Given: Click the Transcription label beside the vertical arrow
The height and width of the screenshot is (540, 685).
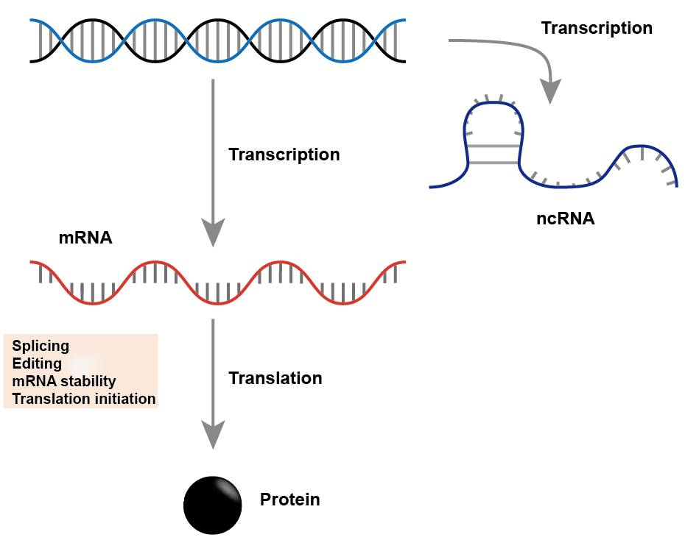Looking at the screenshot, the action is click(x=284, y=154).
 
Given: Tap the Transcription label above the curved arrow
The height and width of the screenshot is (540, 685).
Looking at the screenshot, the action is click(x=597, y=29).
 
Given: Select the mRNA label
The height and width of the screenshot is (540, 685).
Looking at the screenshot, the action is click(x=85, y=238).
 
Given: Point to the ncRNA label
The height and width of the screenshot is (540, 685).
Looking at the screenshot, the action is click(x=565, y=218).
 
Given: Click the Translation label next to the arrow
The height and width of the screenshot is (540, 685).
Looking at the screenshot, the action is click(x=275, y=378).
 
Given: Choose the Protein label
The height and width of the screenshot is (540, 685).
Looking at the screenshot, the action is click(x=289, y=500).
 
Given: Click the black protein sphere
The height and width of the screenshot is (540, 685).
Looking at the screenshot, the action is click(x=213, y=505).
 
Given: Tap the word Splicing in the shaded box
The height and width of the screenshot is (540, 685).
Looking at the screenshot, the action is click(x=41, y=347).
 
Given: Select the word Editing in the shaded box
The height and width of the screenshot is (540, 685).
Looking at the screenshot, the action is click(x=37, y=363).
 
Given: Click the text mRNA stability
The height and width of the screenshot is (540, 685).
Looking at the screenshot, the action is click(x=64, y=381).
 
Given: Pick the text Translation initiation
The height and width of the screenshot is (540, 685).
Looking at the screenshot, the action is click(x=84, y=399).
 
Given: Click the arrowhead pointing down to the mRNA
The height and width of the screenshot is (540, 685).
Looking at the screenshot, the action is click(x=213, y=232).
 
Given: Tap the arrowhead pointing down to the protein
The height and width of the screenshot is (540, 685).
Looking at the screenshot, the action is click(x=213, y=435).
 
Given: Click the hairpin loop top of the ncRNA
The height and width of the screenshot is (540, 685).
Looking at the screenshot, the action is click(x=492, y=103).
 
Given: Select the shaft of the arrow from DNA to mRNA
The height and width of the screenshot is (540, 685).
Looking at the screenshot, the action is click(x=213, y=149).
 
